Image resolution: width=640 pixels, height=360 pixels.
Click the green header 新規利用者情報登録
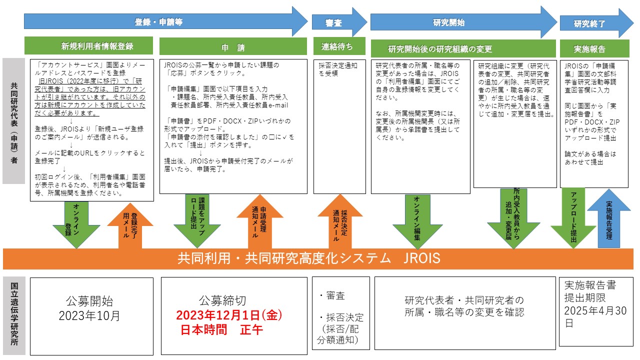(97, 46)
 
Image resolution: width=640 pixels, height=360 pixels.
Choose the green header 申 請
(233, 47)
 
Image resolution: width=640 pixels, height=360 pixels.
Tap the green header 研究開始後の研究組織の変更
(440, 49)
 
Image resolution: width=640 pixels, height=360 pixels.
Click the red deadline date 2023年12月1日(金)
(229, 316)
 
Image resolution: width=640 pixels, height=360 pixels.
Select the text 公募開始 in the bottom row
(89, 301)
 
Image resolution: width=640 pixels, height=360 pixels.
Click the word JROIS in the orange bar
(423, 258)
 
